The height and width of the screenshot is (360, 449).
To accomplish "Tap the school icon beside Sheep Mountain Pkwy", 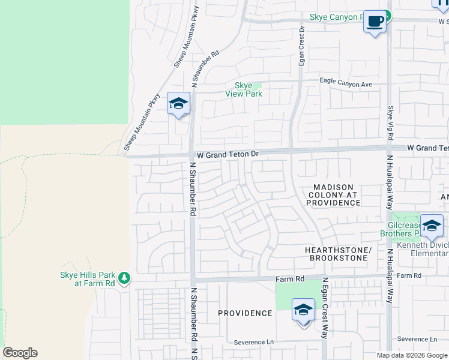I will [x=179, y=104].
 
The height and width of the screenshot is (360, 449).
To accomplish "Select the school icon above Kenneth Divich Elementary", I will [x=431, y=226].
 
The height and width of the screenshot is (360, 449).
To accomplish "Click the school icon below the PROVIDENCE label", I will [x=303, y=311].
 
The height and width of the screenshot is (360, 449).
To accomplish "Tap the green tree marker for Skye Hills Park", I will [x=124, y=277].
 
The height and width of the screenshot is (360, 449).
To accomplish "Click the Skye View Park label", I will [x=243, y=89].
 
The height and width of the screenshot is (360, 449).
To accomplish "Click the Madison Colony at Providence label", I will [x=333, y=194].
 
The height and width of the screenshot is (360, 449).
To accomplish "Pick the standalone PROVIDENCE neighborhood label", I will [x=245, y=313].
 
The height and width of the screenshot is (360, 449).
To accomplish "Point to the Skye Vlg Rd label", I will [x=390, y=124].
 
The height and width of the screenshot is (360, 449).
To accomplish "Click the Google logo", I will [x=20, y=353].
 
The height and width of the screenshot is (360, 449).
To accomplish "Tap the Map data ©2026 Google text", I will [x=411, y=355].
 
